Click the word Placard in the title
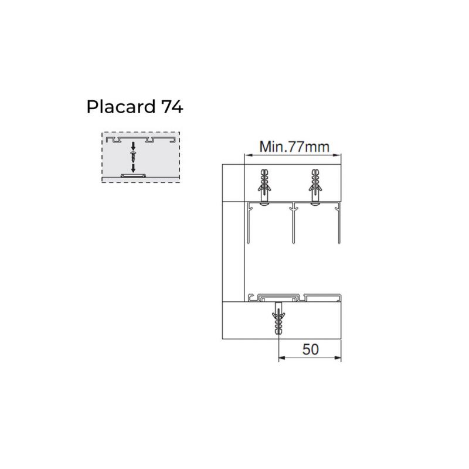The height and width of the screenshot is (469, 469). (x=121, y=107)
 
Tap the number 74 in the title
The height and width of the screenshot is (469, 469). (x=172, y=107)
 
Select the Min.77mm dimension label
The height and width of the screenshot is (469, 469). (x=294, y=147)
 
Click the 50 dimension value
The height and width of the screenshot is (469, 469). (x=311, y=349)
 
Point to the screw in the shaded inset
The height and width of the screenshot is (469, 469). (x=134, y=157)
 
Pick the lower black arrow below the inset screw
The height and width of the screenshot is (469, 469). (x=134, y=168)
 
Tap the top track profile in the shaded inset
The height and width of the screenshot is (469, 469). (x=141, y=140)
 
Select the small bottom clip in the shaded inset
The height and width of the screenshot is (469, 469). (x=133, y=175)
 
